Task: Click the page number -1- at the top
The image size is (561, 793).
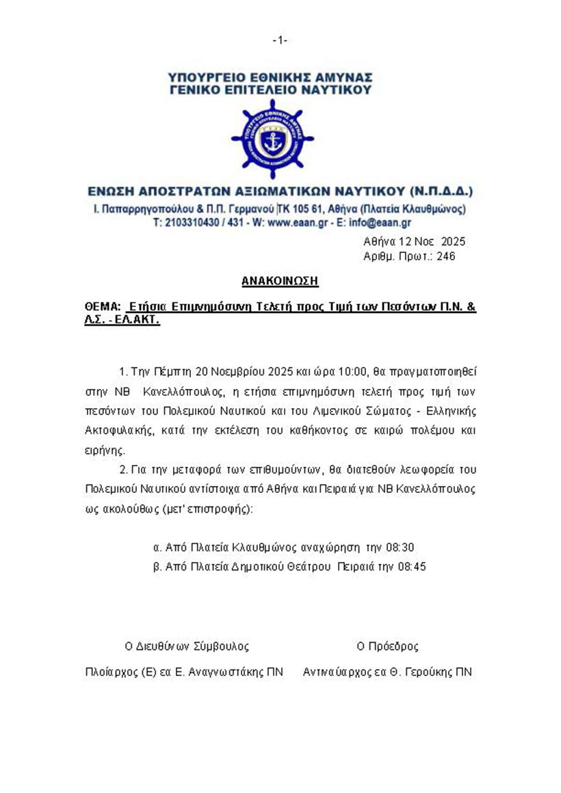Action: [280, 40]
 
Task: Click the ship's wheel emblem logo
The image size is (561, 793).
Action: [272, 139]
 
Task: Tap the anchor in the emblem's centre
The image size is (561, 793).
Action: [272, 142]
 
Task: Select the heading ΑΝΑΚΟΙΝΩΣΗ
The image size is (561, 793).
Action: [280, 281]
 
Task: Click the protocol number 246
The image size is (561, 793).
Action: [446, 256]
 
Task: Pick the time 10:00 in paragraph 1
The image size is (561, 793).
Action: [356, 372]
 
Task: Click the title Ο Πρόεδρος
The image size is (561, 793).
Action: [387, 646]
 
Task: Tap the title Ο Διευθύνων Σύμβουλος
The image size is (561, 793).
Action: [186, 646]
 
